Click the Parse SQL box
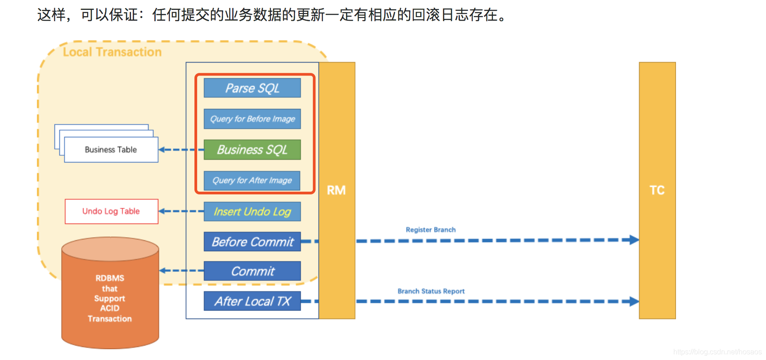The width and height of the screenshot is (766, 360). point(252,88)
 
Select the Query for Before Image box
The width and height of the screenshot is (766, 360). point(252,119)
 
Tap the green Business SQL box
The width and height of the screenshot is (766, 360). point(252,149)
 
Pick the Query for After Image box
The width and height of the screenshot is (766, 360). point(252,180)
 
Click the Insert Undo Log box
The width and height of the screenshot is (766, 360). point(252,211)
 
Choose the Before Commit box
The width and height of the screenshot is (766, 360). point(252,242)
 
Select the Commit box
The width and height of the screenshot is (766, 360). point(252,271)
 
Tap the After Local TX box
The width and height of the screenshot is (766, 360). point(252,301)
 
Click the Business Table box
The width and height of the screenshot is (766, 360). point(111,150)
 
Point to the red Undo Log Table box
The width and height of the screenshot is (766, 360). point(111,211)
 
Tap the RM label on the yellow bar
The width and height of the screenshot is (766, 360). point(336,190)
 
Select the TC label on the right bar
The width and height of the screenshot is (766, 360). point(657,190)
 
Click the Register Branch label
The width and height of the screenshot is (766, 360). point(431,229)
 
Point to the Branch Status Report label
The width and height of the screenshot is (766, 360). point(431,291)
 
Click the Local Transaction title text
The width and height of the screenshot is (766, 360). point(112,52)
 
